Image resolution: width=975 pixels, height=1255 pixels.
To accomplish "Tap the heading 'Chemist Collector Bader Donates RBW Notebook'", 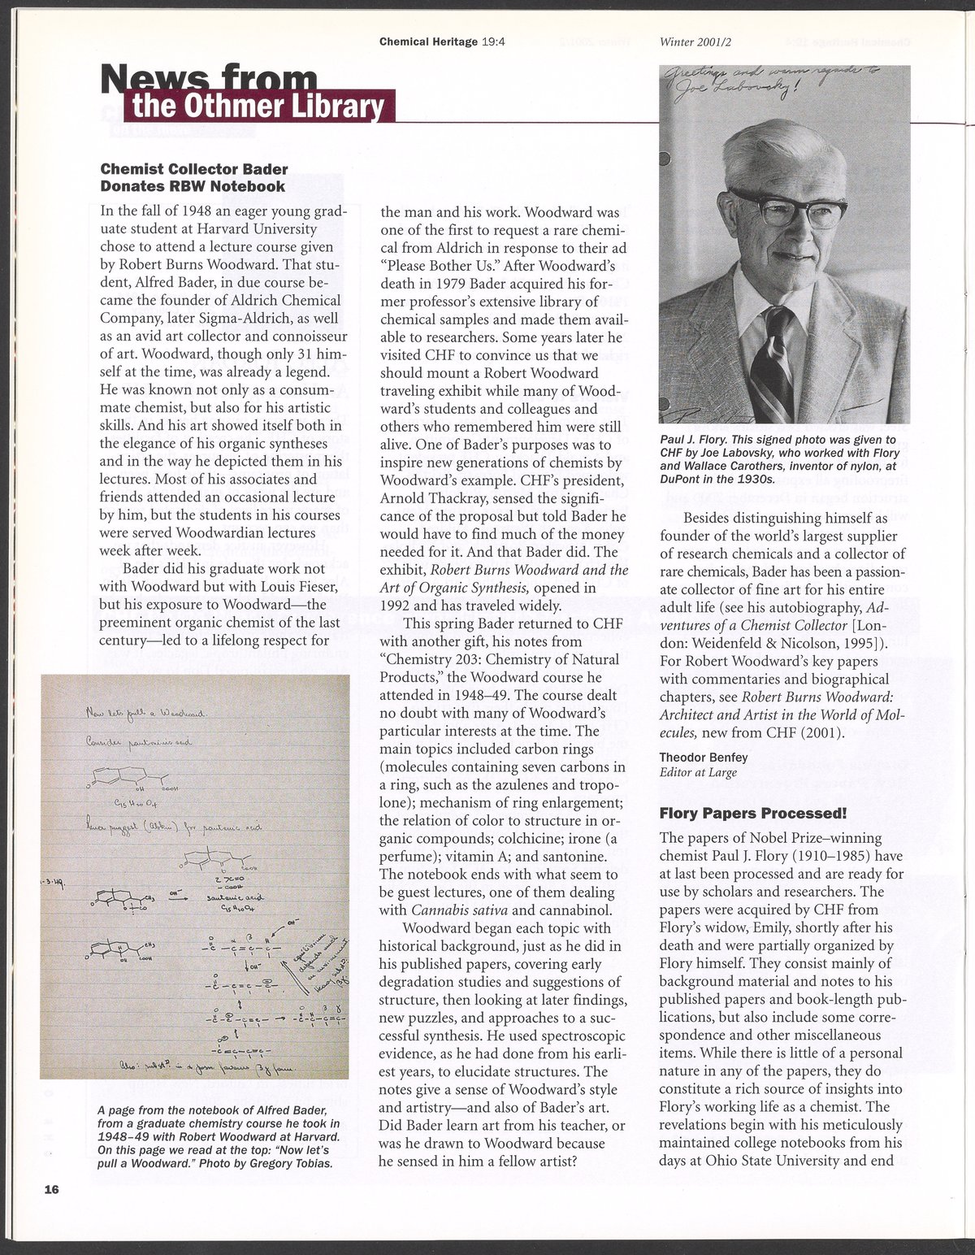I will coord(193,177).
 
